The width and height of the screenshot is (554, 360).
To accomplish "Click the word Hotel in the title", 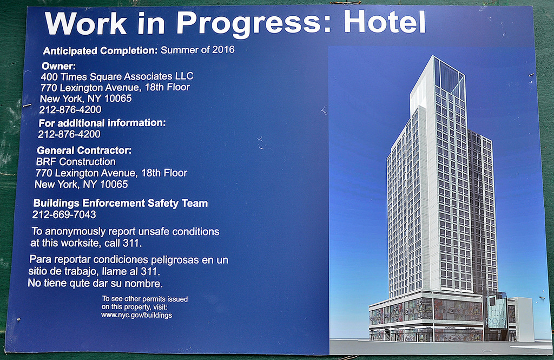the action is [x=385, y=22].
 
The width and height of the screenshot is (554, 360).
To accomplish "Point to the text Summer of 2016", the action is [x=197, y=49].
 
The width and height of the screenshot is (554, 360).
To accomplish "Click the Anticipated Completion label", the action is [x=100, y=51].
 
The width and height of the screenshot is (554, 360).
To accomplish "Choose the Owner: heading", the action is [x=58, y=66].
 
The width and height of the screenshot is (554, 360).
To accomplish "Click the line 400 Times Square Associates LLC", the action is [x=117, y=77].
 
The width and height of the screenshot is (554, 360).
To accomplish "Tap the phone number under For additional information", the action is [x=69, y=134].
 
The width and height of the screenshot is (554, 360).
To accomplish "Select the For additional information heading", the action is [x=102, y=123].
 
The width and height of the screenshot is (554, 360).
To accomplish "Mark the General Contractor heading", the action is [x=84, y=150].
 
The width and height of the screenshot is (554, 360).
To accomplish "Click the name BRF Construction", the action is [x=76, y=162].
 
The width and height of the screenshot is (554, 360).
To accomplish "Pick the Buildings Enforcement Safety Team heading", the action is [x=121, y=204].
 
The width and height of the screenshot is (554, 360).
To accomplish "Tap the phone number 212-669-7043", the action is [x=64, y=215].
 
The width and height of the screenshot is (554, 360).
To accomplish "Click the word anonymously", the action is [x=75, y=232].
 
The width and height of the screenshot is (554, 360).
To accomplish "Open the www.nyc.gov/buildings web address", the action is [x=137, y=315].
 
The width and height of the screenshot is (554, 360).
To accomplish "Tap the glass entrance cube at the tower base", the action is [x=496, y=312].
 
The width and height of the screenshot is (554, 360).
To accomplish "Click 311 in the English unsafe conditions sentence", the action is [x=132, y=243].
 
